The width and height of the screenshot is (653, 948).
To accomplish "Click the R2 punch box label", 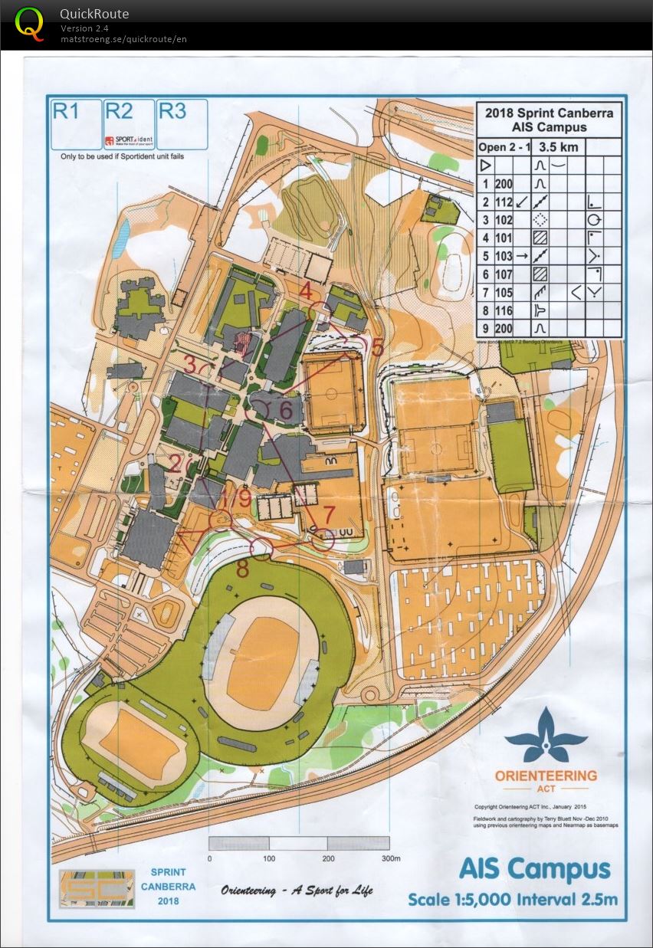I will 119,111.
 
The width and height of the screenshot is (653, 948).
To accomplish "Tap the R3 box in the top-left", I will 172,111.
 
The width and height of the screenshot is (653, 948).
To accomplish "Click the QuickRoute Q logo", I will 30,24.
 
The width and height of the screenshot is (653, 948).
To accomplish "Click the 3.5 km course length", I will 559,146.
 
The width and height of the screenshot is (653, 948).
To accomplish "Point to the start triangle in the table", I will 484,165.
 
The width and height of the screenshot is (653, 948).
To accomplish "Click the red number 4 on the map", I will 307,291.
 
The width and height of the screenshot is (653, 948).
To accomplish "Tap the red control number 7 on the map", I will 330,513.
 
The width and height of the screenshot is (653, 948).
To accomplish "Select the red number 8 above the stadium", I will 242,569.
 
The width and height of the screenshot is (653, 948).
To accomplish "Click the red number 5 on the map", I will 377,346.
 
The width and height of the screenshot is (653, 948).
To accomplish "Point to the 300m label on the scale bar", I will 390,858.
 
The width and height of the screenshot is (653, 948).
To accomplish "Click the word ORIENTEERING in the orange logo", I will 546,776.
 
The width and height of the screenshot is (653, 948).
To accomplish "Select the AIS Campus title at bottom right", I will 534,870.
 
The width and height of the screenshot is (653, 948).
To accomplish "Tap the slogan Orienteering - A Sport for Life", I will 297,891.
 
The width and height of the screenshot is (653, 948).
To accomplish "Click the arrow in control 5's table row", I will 522,256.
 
